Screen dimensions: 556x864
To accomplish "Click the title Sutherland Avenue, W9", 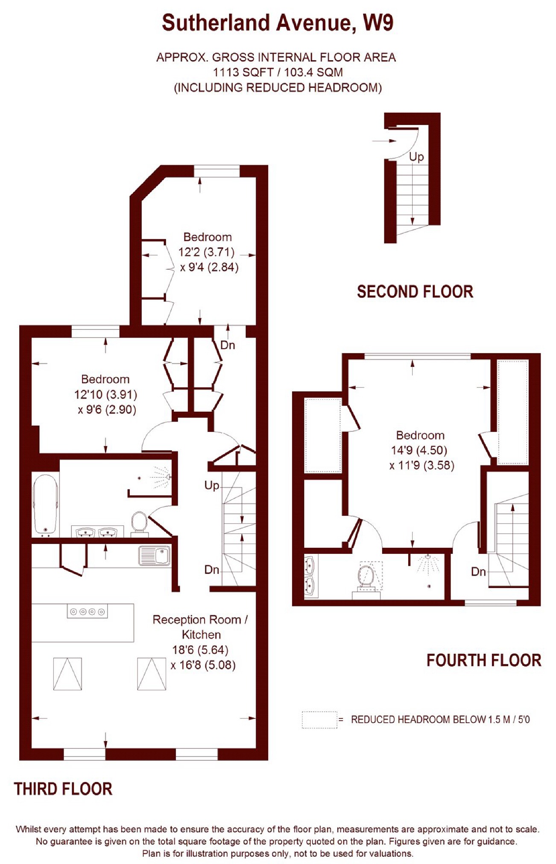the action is click(x=278, y=23).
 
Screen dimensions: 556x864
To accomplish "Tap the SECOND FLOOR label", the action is click(x=415, y=292).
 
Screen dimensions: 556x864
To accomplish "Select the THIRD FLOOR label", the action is click(x=63, y=789).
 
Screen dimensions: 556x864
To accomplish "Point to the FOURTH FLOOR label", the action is click(x=484, y=660).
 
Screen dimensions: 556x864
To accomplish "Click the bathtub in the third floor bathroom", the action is click(x=45, y=505).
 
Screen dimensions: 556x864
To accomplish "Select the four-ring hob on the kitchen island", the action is click(x=87, y=611).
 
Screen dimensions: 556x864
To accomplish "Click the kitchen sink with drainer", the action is click(x=154, y=556).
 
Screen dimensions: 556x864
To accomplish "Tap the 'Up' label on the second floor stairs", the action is click(x=416, y=157).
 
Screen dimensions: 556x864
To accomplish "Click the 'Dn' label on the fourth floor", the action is click(x=478, y=572).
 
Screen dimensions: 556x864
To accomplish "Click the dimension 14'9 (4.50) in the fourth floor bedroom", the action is click(x=419, y=450).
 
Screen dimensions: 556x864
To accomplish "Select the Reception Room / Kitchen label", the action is click(x=200, y=627).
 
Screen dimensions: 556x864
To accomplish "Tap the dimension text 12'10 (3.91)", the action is click(x=105, y=394).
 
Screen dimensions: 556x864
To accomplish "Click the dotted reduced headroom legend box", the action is click(x=319, y=720).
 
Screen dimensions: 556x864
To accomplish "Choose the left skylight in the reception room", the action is click(x=67, y=674).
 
